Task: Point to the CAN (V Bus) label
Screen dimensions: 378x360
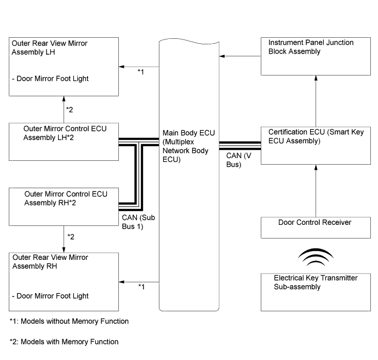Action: click(239, 160)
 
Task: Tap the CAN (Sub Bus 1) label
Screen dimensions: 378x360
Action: click(139, 222)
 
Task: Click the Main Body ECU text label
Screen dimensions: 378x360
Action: click(188, 146)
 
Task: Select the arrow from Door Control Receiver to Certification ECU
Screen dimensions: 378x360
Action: click(316, 191)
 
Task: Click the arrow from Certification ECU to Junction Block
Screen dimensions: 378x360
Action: click(316, 101)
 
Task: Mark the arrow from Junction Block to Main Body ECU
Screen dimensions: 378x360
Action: click(240, 56)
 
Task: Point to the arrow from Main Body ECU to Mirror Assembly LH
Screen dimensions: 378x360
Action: click(139, 67)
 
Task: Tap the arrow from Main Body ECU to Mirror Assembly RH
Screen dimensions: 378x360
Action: click(139, 282)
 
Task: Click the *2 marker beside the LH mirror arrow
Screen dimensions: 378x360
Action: click(70, 110)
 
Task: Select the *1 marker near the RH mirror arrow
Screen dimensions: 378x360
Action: click(141, 287)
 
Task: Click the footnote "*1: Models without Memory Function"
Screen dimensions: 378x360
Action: click(69, 321)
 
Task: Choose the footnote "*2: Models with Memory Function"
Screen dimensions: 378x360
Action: click(64, 342)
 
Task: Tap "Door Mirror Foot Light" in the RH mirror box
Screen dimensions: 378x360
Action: click(50, 296)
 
